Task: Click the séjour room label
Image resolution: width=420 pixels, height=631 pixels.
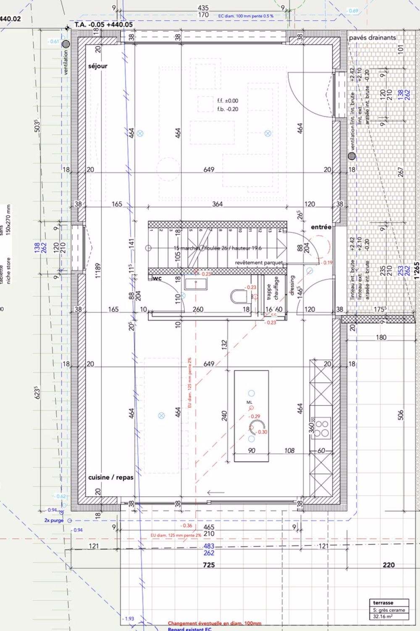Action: pyautogui.click(x=98, y=66)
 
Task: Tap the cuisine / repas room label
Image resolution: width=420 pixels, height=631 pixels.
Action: pyautogui.click(x=110, y=477)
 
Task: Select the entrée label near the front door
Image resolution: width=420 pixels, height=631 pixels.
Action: pyautogui.click(x=321, y=227)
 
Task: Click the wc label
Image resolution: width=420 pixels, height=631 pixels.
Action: pyautogui.click(x=157, y=278)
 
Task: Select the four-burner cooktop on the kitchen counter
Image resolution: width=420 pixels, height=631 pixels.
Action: pyautogui.click(x=322, y=428)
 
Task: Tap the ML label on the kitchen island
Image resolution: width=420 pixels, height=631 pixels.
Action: pyautogui.click(x=249, y=403)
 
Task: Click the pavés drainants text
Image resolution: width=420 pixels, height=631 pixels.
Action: pyautogui.click(x=372, y=38)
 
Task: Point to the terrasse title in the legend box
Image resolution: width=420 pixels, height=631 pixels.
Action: pyautogui.click(x=383, y=602)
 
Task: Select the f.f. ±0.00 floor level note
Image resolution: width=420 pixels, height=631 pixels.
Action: pyautogui.click(x=228, y=101)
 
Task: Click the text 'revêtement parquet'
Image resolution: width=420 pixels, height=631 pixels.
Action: pyautogui.click(x=259, y=262)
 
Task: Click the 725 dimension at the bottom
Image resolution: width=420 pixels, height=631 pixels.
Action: pyautogui.click(x=209, y=565)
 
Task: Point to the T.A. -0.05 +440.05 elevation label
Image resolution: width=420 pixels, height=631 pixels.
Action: pyautogui.click(x=103, y=25)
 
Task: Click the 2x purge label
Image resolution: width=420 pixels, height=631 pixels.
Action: pyautogui.click(x=54, y=520)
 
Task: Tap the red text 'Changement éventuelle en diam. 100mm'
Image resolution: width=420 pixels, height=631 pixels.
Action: pyautogui.click(x=214, y=623)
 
